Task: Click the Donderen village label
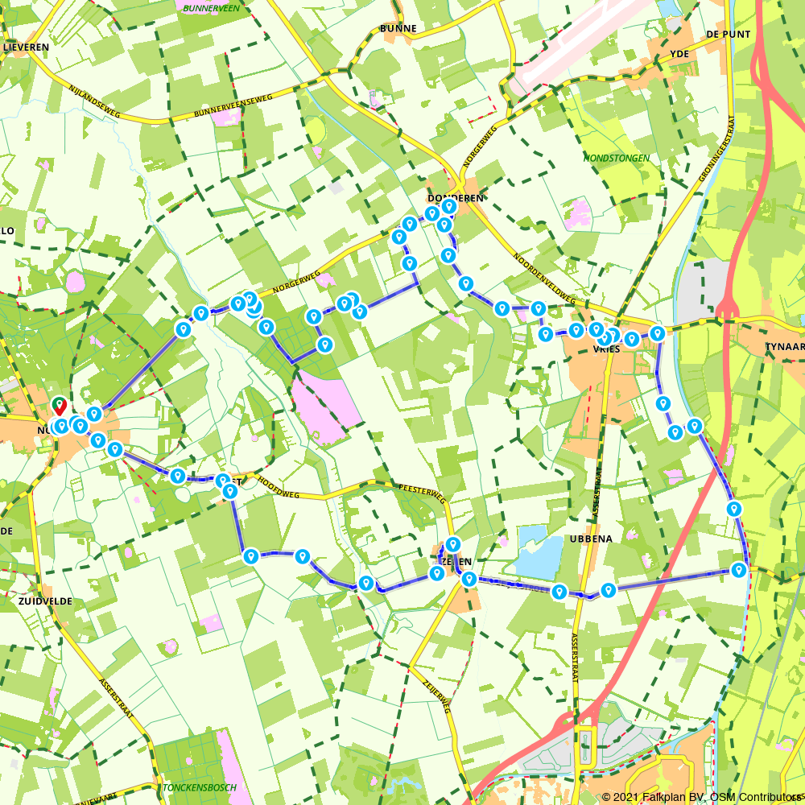456,198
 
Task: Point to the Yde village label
680,54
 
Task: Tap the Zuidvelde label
45,601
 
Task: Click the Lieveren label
27,47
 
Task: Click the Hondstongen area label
617,159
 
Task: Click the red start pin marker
59,405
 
